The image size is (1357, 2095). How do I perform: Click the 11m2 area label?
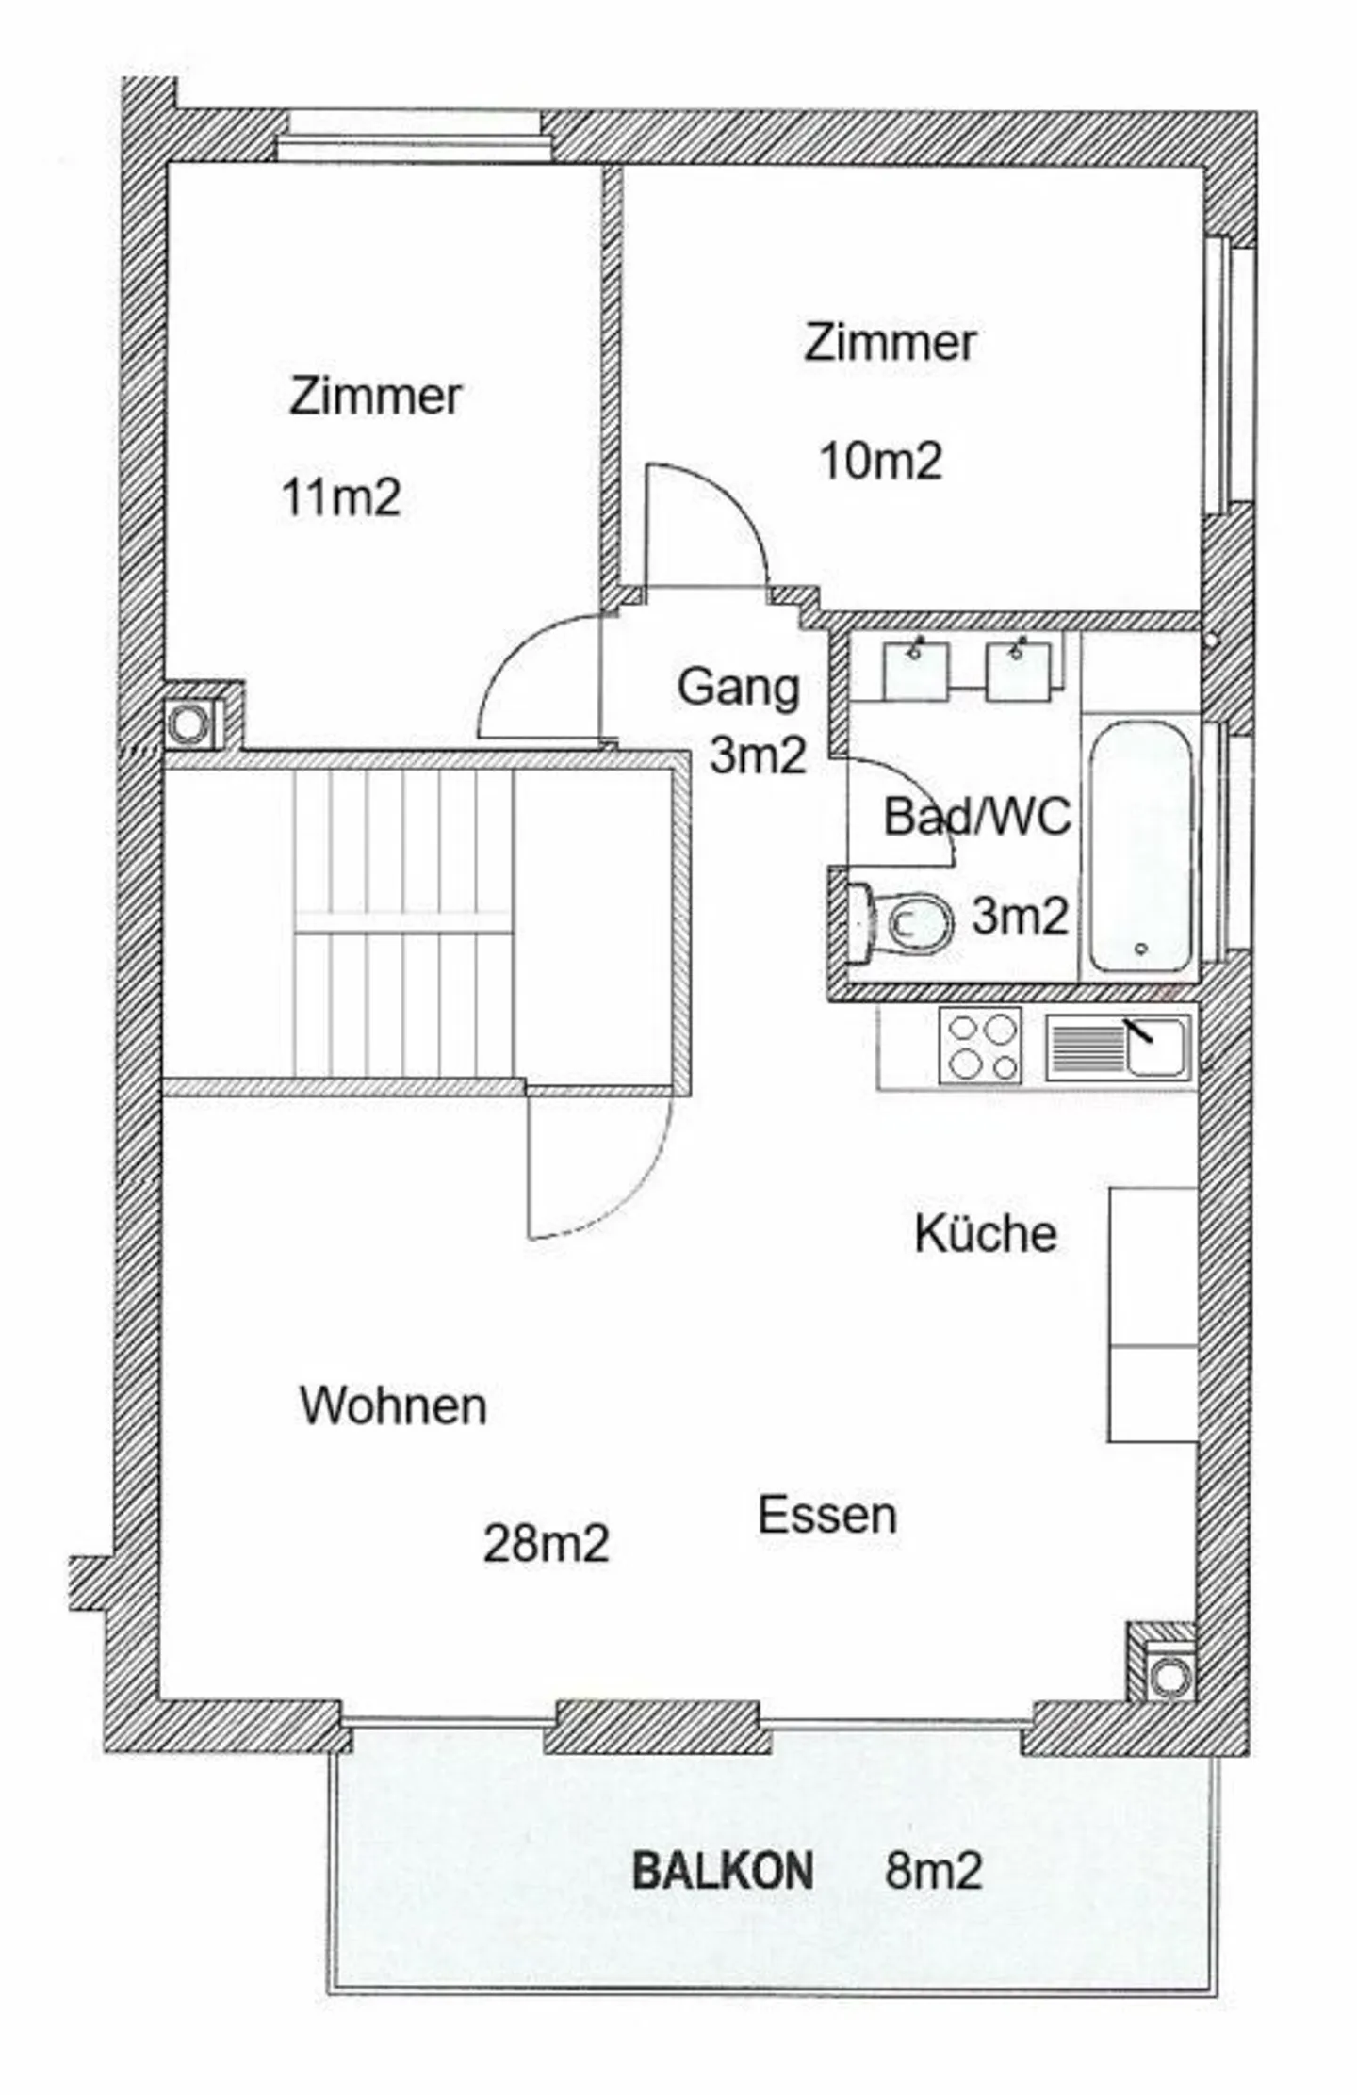(x=341, y=497)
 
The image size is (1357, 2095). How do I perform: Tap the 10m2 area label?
(x=881, y=462)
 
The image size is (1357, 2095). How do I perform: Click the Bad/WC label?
(x=977, y=816)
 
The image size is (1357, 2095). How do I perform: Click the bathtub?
(x=1141, y=848)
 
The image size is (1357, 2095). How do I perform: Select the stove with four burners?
(x=980, y=1046)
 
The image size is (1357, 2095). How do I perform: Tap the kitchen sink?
(x=1118, y=1046)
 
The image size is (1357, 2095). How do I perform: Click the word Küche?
(x=986, y=1234)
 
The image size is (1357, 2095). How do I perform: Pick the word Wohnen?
(x=393, y=1407)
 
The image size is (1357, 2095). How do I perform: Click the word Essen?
(x=827, y=1517)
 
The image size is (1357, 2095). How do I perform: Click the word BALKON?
(x=723, y=1870)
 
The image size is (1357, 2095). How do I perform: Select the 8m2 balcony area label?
(x=933, y=1870)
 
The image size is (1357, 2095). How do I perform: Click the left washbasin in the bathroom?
(x=916, y=671)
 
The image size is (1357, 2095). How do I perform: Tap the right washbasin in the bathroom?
(x=1018, y=671)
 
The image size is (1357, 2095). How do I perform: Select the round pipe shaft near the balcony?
(x=1170, y=1675)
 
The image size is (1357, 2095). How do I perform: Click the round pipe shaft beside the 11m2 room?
(x=191, y=723)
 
